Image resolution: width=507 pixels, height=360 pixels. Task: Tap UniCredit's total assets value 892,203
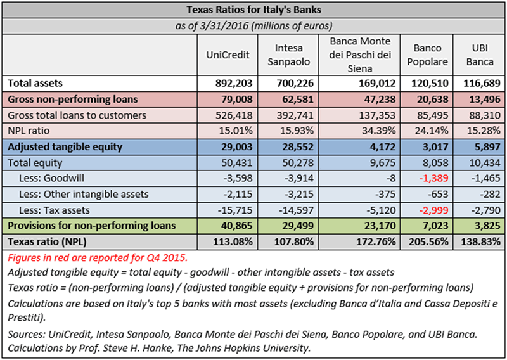(x=236, y=83)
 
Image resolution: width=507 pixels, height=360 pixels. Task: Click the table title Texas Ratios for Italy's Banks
(x=253, y=11)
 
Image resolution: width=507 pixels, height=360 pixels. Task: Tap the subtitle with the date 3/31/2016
(x=253, y=26)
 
